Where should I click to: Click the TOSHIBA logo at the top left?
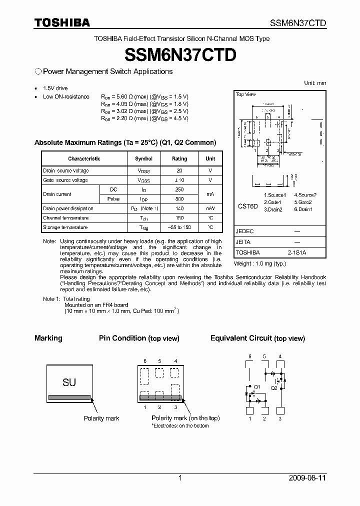(62, 22)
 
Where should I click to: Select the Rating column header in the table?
(179, 158)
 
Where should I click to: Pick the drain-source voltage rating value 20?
(179, 170)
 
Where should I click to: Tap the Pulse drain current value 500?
(179, 198)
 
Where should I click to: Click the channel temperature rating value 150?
(179, 218)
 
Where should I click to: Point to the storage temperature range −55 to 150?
(179, 227)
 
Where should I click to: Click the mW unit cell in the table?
(210, 208)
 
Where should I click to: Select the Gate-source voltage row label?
(65, 180)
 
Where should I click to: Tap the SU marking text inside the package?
(69, 382)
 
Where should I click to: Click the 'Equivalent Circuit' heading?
(241, 338)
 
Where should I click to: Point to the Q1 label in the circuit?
(257, 387)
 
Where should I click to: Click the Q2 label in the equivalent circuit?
(273, 387)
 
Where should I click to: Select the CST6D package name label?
(247, 205)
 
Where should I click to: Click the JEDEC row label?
(245, 231)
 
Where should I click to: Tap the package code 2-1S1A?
(297, 253)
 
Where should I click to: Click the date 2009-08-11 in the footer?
(307, 478)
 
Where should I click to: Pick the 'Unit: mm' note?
(315, 83)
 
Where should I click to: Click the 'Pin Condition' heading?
(122, 338)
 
